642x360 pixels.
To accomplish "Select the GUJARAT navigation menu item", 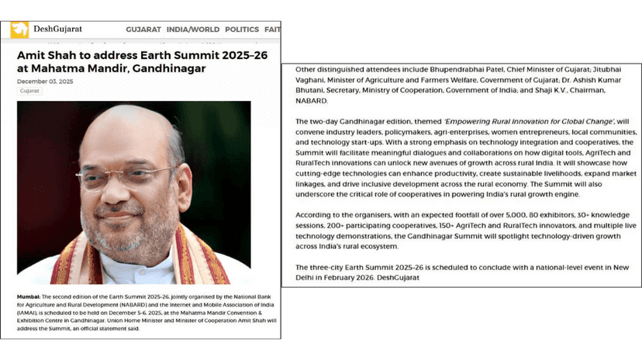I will pos(143,29).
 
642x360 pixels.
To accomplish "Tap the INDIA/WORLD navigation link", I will pos(193,29).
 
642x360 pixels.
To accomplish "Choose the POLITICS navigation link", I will pos(242,29).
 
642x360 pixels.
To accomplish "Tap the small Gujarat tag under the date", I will pos(29,91).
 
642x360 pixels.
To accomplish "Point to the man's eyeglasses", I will pos(128,175).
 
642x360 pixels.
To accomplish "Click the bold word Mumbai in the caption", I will pos(29,297).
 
